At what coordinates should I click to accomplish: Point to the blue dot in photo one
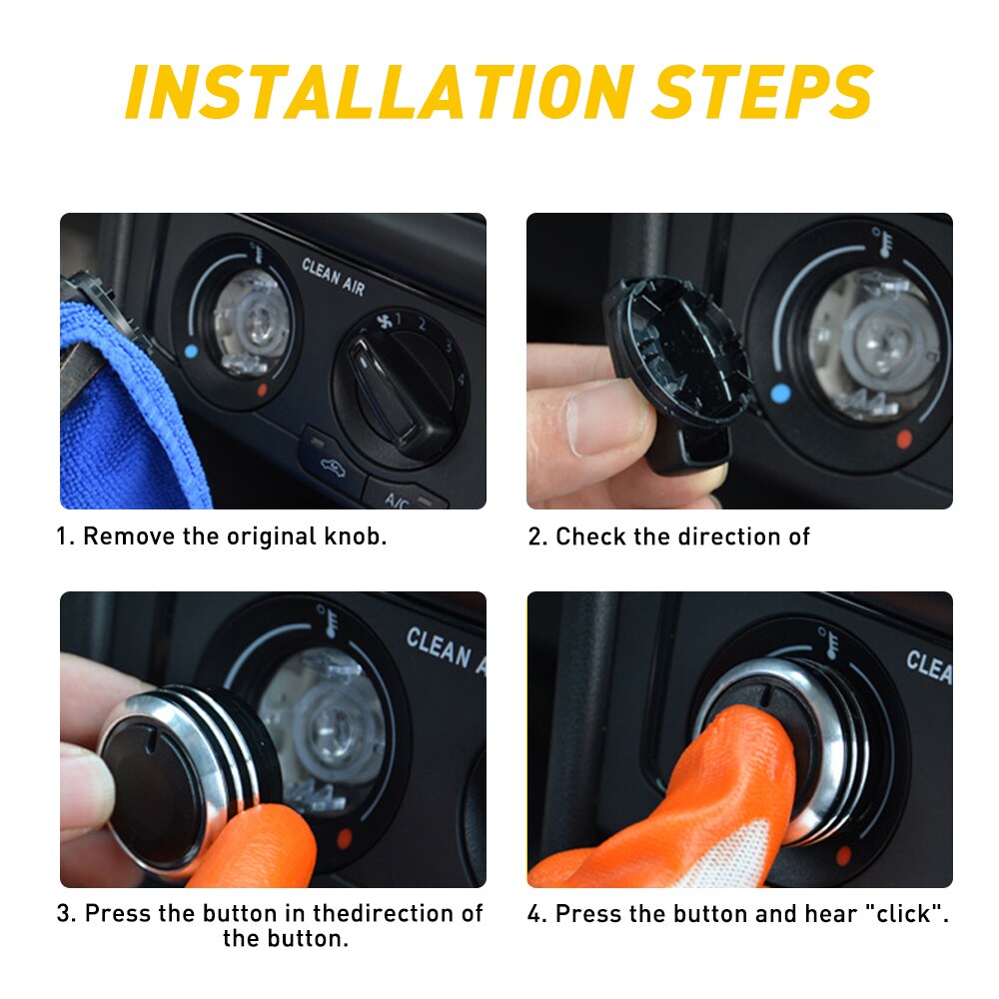click(x=191, y=351)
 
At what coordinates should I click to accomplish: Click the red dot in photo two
click(x=903, y=438)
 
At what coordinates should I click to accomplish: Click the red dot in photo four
click(x=844, y=855)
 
